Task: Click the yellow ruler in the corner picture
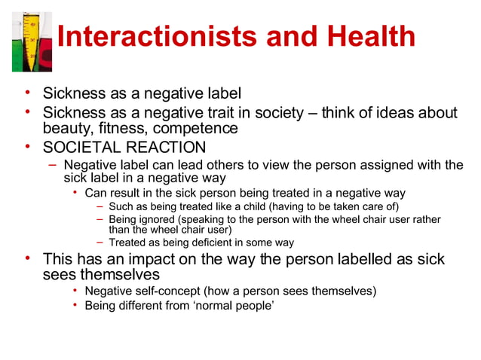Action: coord(31,41)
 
